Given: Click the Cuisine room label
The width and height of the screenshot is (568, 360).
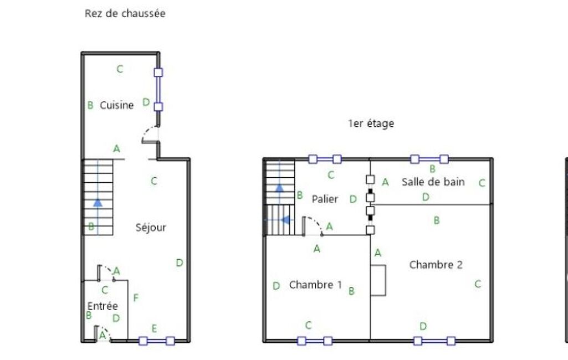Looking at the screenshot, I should [x=117, y=105].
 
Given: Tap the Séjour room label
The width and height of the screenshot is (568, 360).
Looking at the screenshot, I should [x=151, y=227].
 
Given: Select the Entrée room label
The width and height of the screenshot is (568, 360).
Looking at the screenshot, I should [x=103, y=306].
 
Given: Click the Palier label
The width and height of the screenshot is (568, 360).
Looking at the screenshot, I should [x=325, y=199].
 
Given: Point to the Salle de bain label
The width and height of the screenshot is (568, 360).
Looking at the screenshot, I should [x=433, y=182].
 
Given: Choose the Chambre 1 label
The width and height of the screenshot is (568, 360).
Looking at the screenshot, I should [x=315, y=285].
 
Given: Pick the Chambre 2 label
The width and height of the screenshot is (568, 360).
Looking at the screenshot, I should [x=436, y=265].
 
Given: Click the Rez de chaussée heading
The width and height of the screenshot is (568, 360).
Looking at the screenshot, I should [x=125, y=14].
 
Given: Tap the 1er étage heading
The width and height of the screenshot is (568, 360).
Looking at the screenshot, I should [x=371, y=124].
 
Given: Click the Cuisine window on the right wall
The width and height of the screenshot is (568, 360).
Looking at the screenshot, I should [x=158, y=89].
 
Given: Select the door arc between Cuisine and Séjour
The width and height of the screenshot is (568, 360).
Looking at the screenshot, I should [x=150, y=133].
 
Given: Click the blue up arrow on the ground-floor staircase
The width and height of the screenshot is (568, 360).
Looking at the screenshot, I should [x=98, y=202].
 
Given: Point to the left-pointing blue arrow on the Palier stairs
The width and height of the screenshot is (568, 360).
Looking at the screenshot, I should [x=286, y=220].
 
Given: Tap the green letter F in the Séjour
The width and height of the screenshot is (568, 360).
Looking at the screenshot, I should [x=136, y=298].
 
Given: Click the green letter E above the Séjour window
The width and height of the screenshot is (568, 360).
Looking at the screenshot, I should [x=154, y=328].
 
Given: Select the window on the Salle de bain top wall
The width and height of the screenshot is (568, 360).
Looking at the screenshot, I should [x=429, y=160].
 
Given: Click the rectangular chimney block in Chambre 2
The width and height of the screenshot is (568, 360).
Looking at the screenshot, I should [x=378, y=280].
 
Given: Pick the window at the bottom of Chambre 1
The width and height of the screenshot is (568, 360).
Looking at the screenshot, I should [x=315, y=341].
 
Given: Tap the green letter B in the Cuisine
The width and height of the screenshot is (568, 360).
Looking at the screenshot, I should [x=90, y=105].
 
